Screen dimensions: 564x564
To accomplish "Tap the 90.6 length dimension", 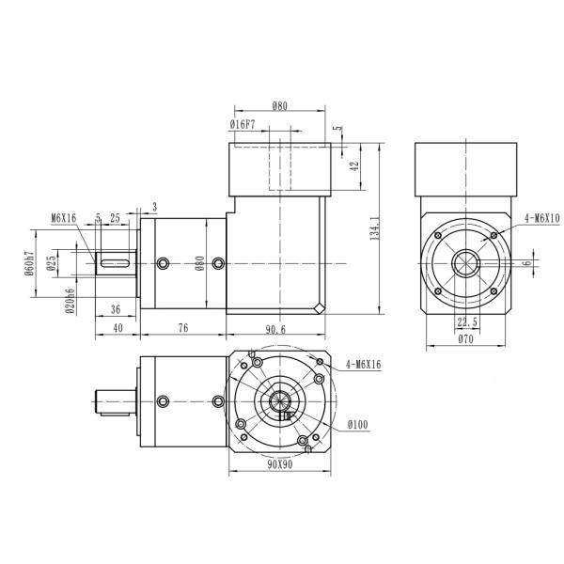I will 275,328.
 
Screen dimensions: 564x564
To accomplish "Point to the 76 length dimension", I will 182,328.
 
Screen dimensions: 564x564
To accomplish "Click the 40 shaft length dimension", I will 117,328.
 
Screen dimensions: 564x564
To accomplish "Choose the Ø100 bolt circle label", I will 357,426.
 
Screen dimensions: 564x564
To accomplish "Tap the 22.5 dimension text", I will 466,321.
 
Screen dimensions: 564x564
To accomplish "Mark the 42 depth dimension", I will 353,165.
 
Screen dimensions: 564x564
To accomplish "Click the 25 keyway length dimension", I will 115,217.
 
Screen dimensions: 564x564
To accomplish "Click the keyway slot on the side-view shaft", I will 116,263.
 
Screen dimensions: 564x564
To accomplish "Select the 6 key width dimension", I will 539,264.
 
